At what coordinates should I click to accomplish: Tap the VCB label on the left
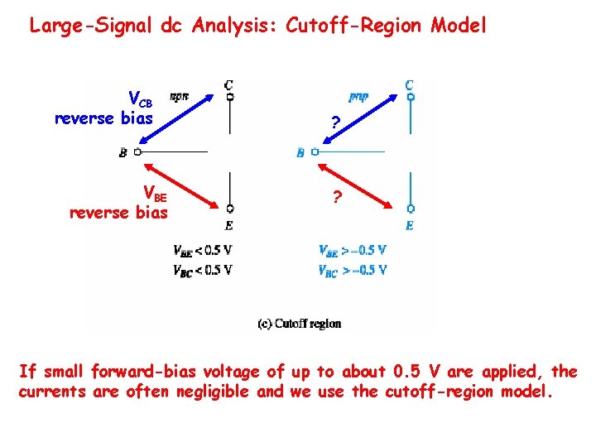click(140, 100)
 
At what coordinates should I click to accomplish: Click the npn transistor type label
click(179, 97)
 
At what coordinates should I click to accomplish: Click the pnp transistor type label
click(358, 97)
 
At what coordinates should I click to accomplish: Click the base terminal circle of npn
click(137, 152)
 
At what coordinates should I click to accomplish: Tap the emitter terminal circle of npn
click(229, 208)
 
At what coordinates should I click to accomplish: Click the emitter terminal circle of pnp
click(411, 209)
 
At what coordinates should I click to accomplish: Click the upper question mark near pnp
click(334, 123)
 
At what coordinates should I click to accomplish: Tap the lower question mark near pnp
click(335, 198)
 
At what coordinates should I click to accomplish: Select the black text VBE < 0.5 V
click(202, 250)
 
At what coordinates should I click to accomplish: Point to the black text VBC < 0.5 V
click(202, 270)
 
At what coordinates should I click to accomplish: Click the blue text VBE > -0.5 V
click(352, 250)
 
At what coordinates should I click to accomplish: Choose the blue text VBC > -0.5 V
click(352, 270)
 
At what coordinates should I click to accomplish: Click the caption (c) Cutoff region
click(299, 324)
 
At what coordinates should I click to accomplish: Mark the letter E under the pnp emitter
click(410, 225)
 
